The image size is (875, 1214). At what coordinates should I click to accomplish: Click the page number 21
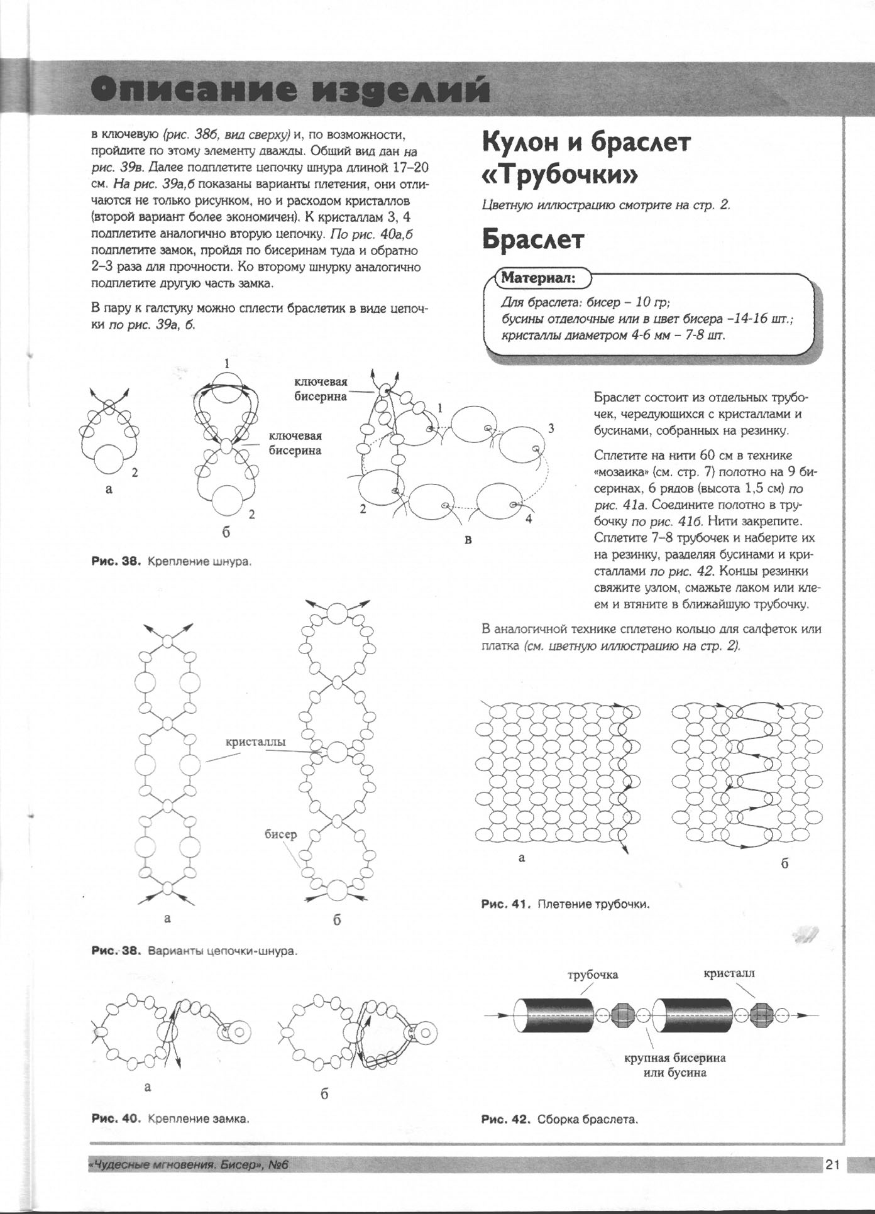tap(832, 1164)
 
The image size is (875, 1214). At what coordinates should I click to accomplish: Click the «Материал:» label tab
tap(537, 278)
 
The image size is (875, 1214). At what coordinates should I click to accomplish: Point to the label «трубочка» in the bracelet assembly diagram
tap(593, 975)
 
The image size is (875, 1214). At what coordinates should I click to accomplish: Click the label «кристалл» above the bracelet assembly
tap(729, 973)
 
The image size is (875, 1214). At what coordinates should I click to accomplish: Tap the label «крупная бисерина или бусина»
tap(674, 1064)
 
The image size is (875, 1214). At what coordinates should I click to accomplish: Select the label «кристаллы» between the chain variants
tap(255, 741)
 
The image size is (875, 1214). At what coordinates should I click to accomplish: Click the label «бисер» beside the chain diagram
tap(280, 834)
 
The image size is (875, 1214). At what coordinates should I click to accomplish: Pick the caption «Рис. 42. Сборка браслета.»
tap(559, 1119)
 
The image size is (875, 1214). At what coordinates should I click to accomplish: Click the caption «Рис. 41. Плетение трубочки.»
tap(565, 904)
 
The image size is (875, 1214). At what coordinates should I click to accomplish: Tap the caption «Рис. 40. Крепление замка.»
tap(170, 1118)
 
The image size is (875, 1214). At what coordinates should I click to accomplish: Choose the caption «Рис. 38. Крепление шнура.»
tap(172, 561)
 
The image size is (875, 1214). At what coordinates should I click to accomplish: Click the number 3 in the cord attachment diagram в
tap(551, 429)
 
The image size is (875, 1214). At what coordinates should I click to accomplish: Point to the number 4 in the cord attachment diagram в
tap(529, 519)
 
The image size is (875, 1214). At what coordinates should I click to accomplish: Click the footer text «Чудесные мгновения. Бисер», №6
tap(189, 1165)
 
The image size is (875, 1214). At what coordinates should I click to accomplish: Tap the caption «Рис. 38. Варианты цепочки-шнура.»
tap(194, 951)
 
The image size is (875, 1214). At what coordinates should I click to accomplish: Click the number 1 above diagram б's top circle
tap(227, 363)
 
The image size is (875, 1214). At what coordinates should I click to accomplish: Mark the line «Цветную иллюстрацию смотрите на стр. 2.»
tap(606, 205)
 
